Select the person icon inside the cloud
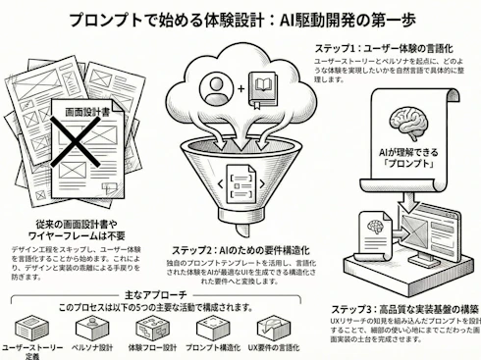click(216, 88)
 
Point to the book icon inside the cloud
click(262, 88)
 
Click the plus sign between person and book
click(240, 89)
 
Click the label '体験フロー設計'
click(152, 347)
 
